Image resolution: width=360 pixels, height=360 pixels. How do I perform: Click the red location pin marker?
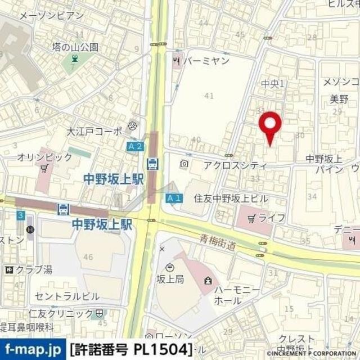(x=270, y=125)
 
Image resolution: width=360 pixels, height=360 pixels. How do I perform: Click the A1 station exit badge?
(x=174, y=198)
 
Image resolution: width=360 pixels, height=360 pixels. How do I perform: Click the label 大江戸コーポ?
(x=93, y=132)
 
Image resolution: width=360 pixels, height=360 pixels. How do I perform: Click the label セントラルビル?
(x=66, y=296)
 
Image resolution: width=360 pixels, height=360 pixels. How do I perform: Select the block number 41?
(x=209, y=96)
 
